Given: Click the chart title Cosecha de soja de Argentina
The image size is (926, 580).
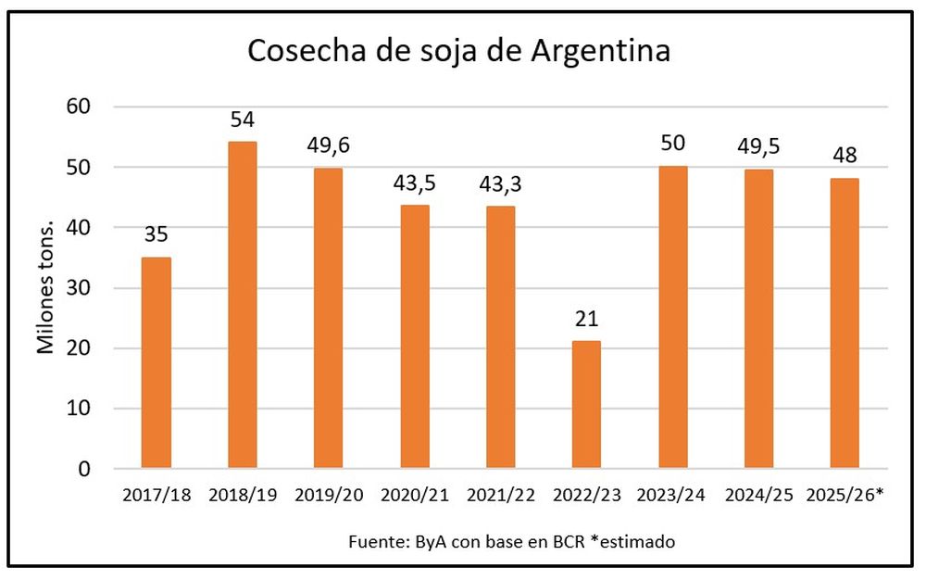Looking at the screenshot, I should (458, 52).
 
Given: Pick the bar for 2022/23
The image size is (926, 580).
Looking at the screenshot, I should (586, 404).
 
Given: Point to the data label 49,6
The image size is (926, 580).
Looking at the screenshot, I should (328, 145).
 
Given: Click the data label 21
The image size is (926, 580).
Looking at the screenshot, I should (586, 320).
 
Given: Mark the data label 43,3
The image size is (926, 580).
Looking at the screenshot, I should (500, 183).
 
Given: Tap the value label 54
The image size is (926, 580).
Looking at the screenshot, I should (242, 120).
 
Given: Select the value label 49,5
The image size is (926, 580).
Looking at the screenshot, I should (757, 147).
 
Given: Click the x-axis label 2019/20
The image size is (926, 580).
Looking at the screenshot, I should (328, 496).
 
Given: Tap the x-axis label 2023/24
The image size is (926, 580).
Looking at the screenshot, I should (671, 496).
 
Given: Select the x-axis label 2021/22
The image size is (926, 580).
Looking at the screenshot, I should (500, 496).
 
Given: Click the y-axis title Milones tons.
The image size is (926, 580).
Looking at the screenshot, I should (44, 288).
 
